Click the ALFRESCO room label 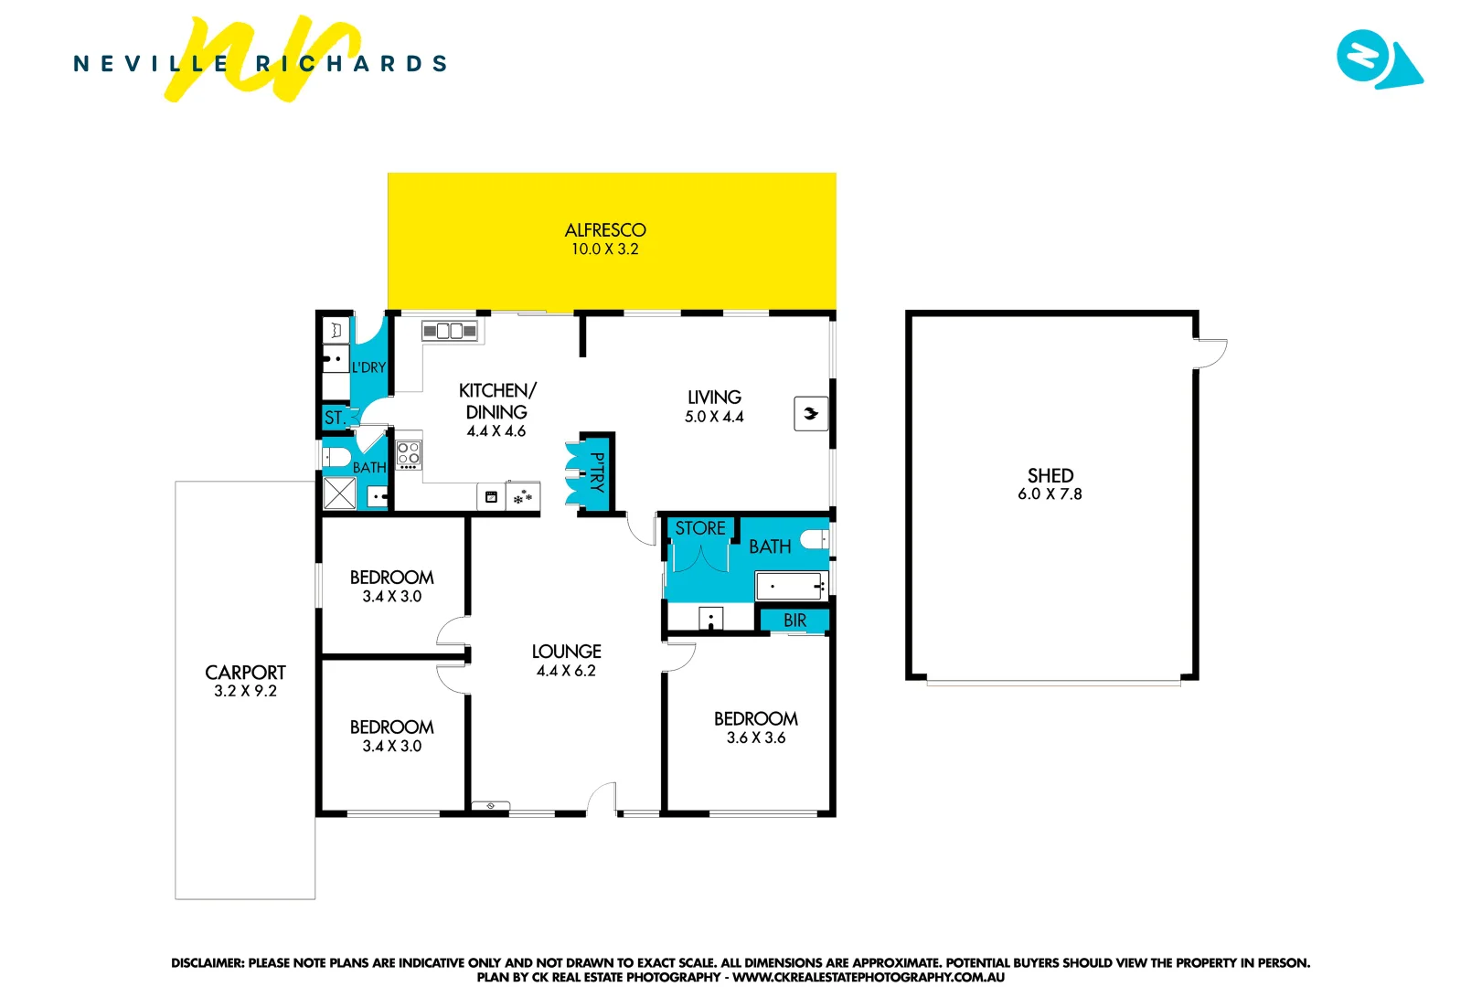(604, 229)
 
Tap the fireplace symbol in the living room (810, 414)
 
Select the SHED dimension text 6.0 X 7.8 (1050, 494)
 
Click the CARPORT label (245, 673)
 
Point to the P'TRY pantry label (597, 472)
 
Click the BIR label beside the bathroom (794, 621)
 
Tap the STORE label (700, 528)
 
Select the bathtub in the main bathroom (790, 586)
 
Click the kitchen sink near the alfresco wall (450, 330)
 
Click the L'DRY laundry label (368, 367)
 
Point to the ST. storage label (335, 418)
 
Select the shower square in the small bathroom (339, 493)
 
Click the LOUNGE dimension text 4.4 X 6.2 (566, 671)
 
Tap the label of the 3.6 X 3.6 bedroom (755, 719)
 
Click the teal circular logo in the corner (1363, 57)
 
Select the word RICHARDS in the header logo (352, 64)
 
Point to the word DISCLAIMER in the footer (208, 962)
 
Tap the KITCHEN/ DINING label (496, 401)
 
